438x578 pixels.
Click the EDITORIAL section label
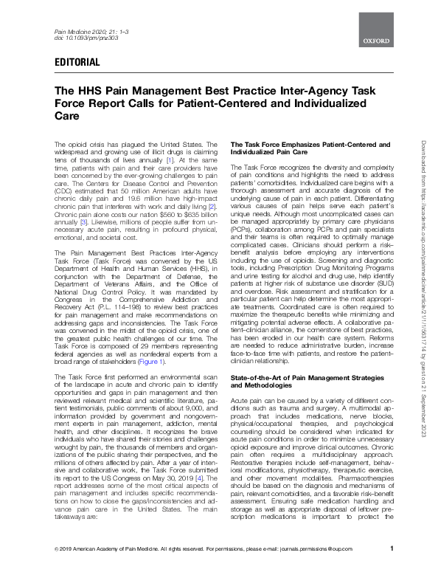click(x=77, y=63)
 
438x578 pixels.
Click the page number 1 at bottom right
click(x=391, y=568)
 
